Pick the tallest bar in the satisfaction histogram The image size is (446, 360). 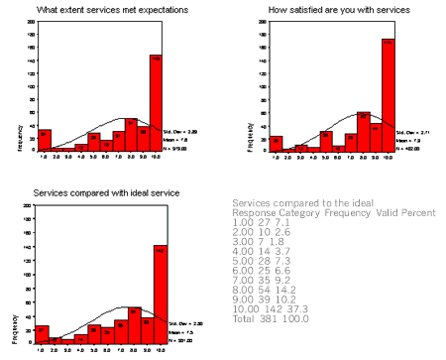(388, 94)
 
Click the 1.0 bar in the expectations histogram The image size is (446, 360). (44, 140)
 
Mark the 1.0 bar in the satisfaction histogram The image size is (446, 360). (277, 143)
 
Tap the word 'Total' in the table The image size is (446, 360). (242, 319)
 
